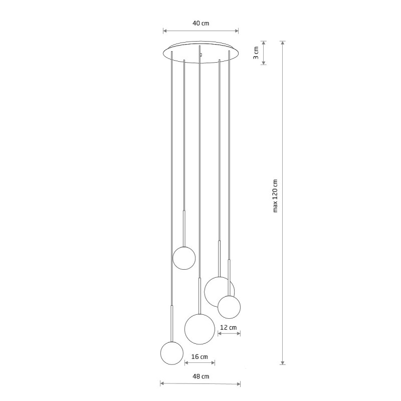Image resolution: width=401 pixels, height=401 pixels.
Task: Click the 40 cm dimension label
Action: tap(201, 23)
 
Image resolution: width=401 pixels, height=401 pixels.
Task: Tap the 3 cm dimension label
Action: tap(256, 53)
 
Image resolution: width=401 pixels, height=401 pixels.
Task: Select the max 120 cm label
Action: tap(275, 195)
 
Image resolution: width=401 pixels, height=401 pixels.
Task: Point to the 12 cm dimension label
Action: tap(229, 327)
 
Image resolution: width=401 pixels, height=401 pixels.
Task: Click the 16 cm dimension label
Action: tap(199, 356)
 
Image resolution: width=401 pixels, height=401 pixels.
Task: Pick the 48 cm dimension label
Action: tap(201, 376)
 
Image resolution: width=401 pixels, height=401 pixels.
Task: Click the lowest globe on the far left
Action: tap(172, 353)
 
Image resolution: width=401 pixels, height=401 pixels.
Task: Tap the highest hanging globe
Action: tap(184, 258)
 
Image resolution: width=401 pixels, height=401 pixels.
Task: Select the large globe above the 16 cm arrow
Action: tap(199, 329)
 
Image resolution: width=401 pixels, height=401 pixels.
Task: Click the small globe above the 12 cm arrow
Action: tap(229, 307)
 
